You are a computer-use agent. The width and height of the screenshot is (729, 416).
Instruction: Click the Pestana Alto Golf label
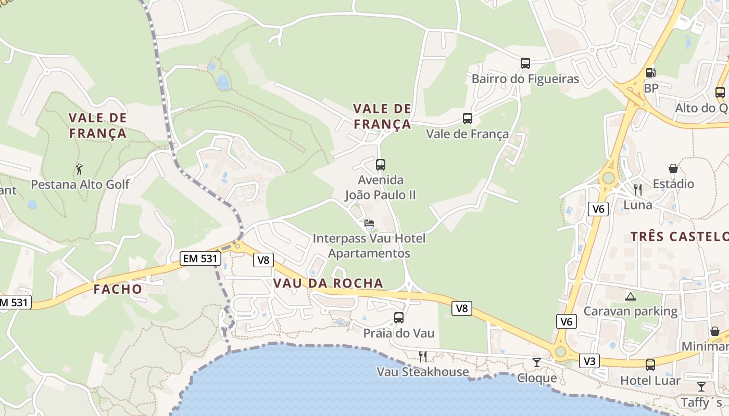(x=80, y=184)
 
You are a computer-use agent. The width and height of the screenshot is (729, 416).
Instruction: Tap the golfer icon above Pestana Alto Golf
(x=79, y=169)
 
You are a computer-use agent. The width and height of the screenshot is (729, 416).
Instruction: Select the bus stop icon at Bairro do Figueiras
(x=525, y=63)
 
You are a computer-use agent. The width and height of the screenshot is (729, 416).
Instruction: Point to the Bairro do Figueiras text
(x=525, y=79)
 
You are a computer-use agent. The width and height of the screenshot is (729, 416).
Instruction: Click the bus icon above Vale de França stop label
(x=468, y=119)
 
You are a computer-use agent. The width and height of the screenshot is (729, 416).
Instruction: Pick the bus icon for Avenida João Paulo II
(x=381, y=165)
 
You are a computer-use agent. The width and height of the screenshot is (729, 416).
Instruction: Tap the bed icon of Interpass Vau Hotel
(x=369, y=223)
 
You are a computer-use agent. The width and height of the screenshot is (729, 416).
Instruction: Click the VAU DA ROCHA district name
(x=328, y=283)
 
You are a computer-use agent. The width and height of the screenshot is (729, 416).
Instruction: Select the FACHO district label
(x=118, y=289)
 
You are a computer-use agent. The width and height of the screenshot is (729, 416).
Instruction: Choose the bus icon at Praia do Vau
(x=399, y=317)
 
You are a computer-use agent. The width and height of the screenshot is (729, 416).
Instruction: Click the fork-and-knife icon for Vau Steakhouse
(x=423, y=356)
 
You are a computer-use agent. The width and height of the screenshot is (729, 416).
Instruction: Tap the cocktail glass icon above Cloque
(x=537, y=362)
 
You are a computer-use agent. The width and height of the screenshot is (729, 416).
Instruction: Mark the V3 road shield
(x=589, y=361)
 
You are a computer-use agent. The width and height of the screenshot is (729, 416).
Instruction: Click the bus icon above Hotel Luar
(x=650, y=365)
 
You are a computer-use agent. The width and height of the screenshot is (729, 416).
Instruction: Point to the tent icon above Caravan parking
(x=631, y=296)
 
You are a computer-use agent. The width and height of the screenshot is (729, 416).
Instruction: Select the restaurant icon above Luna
(x=638, y=189)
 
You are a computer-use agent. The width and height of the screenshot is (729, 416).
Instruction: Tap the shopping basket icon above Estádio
(x=673, y=168)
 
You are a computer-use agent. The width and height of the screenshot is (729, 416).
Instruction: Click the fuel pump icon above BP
(x=650, y=73)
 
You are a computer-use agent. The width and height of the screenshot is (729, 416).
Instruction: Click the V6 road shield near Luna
(x=599, y=209)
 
